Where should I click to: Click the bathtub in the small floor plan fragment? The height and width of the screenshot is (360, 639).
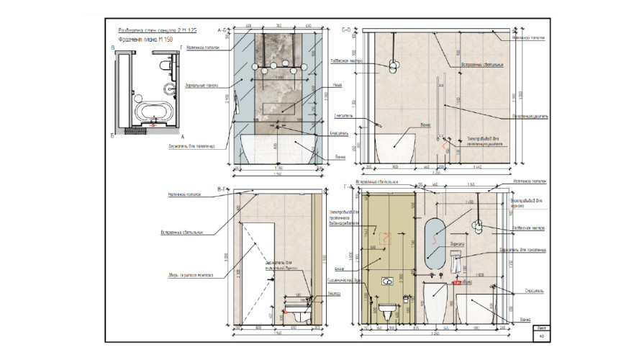[x=152, y=112]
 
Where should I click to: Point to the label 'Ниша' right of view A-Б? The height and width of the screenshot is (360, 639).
[x=337, y=85]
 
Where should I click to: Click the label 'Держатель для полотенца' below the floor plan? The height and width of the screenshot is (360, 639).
[x=193, y=145]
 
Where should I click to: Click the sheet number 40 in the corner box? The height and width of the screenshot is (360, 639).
[x=540, y=336]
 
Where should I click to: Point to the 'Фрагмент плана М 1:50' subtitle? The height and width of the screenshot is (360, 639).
[x=145, y=40]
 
